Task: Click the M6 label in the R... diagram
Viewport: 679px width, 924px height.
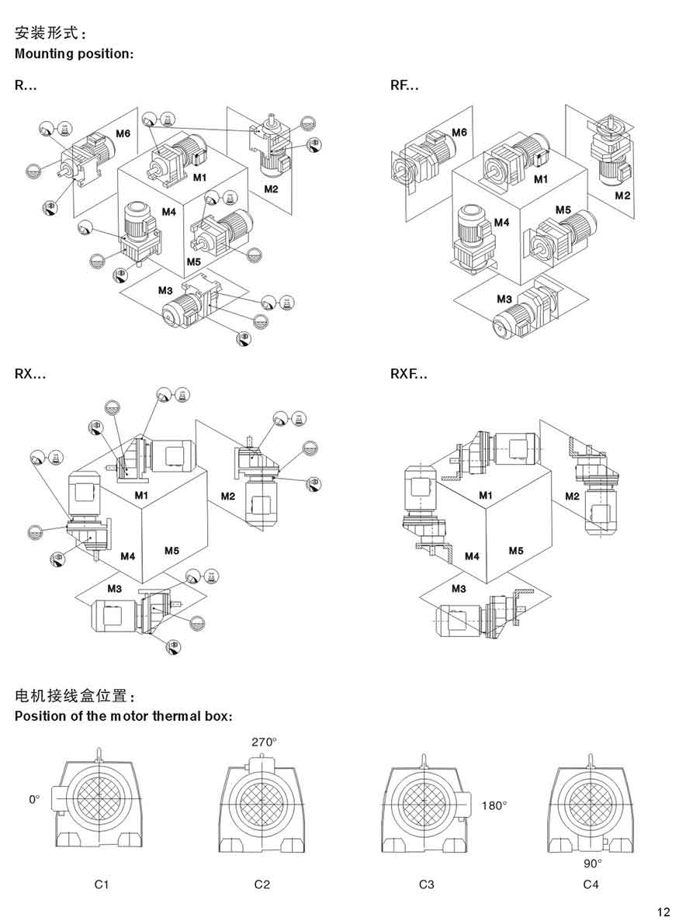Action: pos(123,134)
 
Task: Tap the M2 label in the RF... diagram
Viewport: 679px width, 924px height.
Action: pos(622,195)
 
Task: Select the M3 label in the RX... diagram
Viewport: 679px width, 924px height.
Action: pos(114,588)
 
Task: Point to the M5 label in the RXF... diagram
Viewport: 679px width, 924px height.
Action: pos(516,550)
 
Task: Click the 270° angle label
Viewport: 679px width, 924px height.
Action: pos(263,742)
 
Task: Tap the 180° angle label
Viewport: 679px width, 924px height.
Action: pos(494,805)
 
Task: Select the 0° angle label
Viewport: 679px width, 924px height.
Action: pos(33,798)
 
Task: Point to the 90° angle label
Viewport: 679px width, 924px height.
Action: pos(593,862)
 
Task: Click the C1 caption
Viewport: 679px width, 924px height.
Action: pos(102,884)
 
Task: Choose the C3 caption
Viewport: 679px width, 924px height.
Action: pos(426,884)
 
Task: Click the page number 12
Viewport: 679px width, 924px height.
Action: pos(663,912)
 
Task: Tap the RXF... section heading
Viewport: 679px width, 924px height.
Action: pos(409,374)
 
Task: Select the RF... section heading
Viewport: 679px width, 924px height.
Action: pos(404,86)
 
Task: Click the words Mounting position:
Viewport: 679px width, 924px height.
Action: pos(74,54)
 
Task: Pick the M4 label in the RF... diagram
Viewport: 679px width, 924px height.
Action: pos(501,223)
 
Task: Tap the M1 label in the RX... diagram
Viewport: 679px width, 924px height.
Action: pos(140,494)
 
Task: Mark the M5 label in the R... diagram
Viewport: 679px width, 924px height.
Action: pos(194,261)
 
